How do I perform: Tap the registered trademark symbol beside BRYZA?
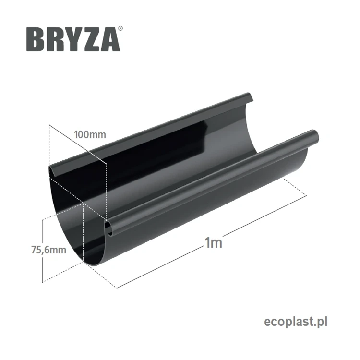point(120,29)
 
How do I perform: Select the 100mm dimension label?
point(90,134)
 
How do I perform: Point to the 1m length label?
point(213,242)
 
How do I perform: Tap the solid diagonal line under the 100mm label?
point(77,144)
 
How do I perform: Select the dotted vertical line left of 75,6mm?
point(44,250)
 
